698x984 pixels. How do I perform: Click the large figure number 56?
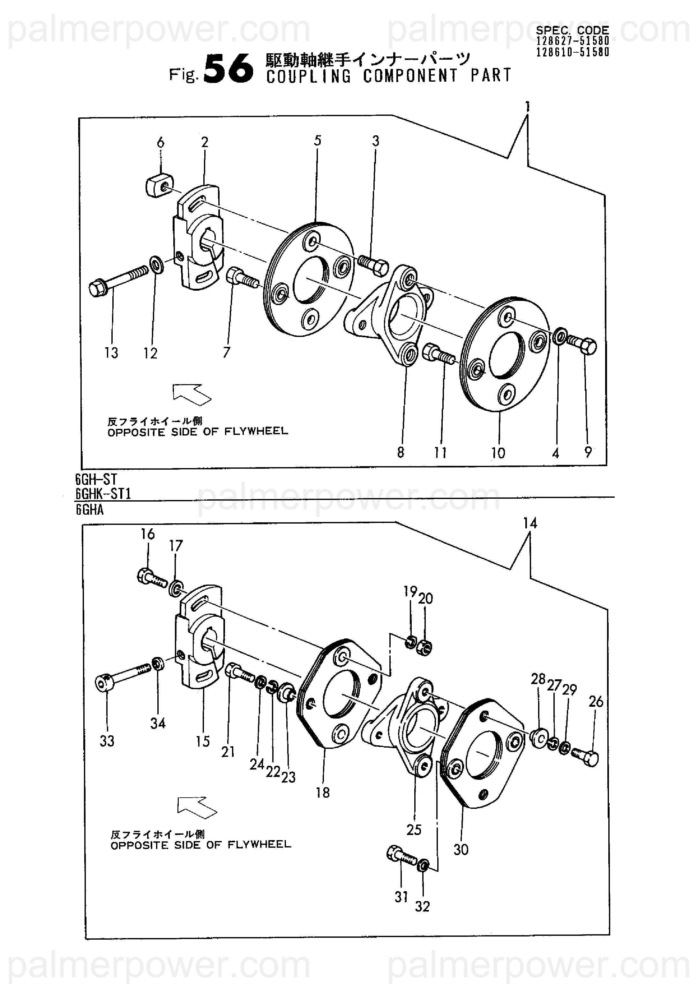(x=228, y=68)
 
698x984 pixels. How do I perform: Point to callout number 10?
(x=498, y=452)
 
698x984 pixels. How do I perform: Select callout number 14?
(x=530, y=523)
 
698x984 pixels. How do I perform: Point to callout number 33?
(x=107, y=741)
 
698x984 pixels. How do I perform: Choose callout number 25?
(x=414, y=829)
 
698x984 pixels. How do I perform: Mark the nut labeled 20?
(x=425, y=647)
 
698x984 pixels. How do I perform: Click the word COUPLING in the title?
(x=309, y=76)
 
